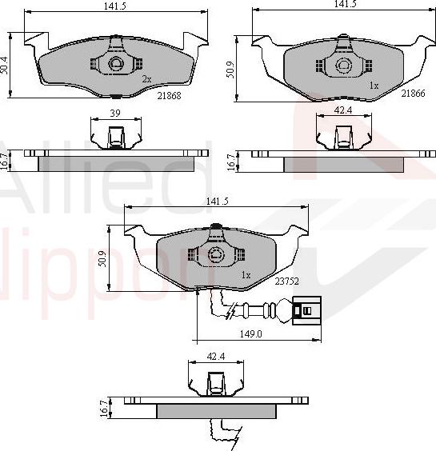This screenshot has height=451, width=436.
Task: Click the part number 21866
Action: (413, 94)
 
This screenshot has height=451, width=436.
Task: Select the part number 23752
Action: (286, 281)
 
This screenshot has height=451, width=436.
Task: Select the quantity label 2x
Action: (146, 80)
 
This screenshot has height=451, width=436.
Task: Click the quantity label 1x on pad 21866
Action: (373, 84)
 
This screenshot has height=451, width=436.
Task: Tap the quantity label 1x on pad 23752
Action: (246, 275)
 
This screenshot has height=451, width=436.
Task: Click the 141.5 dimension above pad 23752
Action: (215, 202)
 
